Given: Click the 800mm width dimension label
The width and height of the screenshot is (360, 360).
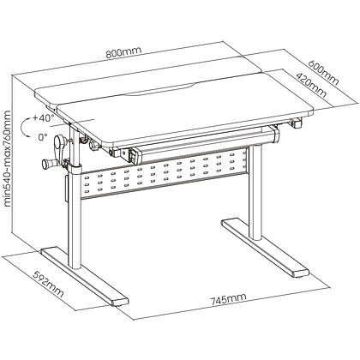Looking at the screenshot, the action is point(123,52).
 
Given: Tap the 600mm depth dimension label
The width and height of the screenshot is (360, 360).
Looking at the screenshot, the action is point(324,72).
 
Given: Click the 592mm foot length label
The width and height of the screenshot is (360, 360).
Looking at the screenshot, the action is point(48,284).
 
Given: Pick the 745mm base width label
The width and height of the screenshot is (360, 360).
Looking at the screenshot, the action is point(228,298).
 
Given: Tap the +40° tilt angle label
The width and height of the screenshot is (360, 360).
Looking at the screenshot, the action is point(43,117).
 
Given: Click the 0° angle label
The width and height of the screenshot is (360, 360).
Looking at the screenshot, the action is point(43,137).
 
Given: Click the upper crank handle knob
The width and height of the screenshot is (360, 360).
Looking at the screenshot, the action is point(62,142).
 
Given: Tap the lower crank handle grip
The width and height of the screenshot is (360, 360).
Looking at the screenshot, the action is point(49,164).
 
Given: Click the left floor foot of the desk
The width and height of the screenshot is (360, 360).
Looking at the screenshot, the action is point(85,277).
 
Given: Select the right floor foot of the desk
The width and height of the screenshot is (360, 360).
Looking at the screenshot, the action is point(266,248).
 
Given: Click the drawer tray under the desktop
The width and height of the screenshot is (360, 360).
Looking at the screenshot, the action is point(203,141).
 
